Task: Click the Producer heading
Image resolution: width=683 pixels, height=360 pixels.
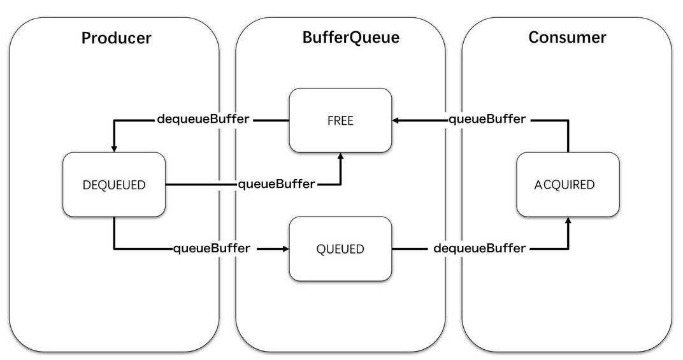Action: point(117,38)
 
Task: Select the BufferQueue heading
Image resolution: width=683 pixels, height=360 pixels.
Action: point(350,38)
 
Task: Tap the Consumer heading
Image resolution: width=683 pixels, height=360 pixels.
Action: point(567,37)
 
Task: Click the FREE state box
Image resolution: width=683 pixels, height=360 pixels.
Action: point(340,120)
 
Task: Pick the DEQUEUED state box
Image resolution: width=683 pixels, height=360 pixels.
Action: point(114,184)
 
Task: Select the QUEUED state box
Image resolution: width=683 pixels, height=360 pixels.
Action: point(340,249)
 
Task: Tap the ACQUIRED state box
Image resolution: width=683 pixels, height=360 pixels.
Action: point(568,184)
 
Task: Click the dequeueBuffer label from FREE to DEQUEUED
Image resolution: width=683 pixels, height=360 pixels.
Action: point(203,119)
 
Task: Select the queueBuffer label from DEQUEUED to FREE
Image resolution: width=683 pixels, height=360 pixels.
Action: point(276,184)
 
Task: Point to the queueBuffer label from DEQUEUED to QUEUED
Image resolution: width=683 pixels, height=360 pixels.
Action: point(212,248)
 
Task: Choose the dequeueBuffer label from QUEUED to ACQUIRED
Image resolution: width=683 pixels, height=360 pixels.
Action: point(480,248)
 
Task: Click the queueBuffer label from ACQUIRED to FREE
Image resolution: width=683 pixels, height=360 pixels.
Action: point(487,119)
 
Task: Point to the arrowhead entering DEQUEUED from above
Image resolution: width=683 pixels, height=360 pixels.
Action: point(114,148)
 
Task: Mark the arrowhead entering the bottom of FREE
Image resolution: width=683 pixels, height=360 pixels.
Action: point(341,156)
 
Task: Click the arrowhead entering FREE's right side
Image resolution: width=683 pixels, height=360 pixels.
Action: point(396,120)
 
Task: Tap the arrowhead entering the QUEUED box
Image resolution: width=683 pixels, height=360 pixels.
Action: point(285,249)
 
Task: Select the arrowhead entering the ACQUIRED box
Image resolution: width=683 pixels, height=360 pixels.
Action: point(568,220)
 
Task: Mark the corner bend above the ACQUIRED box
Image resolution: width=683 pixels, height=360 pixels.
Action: point(568,120)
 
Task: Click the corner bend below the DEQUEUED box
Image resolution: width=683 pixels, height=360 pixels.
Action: point(114,249)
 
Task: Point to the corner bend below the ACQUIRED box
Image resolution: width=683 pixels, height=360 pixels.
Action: point(568,249)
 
